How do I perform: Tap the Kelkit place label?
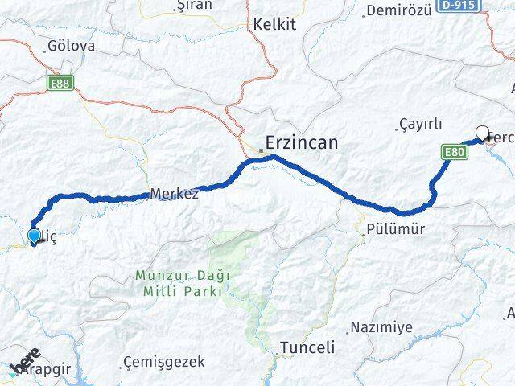click(x=274, y=25)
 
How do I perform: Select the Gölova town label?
click(x=71, y=46)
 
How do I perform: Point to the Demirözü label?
click(x=400, y=10)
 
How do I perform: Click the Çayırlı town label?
click(x=421, y=124)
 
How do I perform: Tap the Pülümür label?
click(x=395, y=229)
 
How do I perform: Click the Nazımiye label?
click(x=381, y=327)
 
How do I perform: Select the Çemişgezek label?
click(x=165, y=363)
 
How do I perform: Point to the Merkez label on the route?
click(x=174, y=194)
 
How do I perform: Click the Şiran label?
click(x=193, y=5)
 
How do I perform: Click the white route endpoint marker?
click(x=483, y=133)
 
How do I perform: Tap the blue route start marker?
click(x=34, y=236)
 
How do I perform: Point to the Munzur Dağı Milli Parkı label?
click(x=183, y=283)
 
